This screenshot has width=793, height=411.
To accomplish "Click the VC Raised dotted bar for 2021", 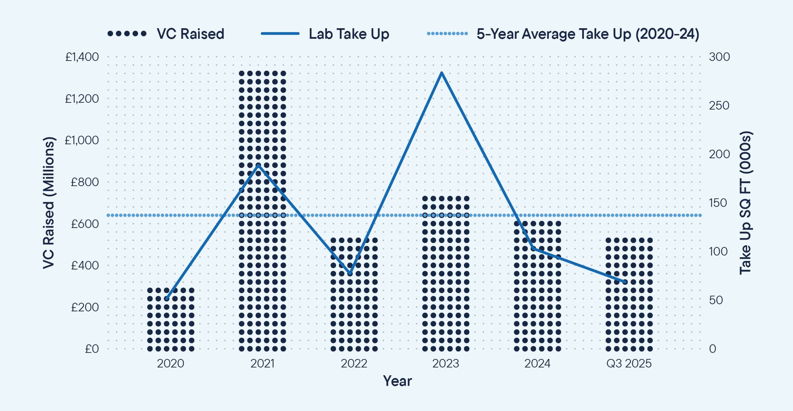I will pos(262,211).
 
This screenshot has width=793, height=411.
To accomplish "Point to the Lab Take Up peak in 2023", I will pos(442,73).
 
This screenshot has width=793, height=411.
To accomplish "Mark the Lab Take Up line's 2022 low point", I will pos(350,273).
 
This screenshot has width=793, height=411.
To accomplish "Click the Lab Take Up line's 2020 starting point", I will pos(166,299).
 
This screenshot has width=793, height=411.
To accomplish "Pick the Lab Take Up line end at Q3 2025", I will pos(625,282).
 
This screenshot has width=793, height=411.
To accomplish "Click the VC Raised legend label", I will pos(190,34).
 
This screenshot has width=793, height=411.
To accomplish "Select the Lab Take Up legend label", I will pos(349,34).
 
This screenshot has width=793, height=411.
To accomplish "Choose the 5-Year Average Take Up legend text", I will pos(588,34).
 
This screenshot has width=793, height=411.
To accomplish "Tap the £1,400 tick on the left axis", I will pos(82,57).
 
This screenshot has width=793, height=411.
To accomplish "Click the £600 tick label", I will pos(85,224).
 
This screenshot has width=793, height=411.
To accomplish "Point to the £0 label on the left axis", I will pos(92,349).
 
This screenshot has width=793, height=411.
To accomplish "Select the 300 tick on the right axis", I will pos(719,57).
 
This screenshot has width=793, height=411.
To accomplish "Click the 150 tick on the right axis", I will pos(718,203).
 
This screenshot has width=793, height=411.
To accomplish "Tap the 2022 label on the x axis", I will pos(354,363).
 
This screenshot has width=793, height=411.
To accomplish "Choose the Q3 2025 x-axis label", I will pos(629,363).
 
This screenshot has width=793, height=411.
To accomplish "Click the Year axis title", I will pos(397,381).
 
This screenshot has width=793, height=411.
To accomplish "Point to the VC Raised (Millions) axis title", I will pos(49,203).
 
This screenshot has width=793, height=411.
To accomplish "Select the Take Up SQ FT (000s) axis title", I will pos(746,203).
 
